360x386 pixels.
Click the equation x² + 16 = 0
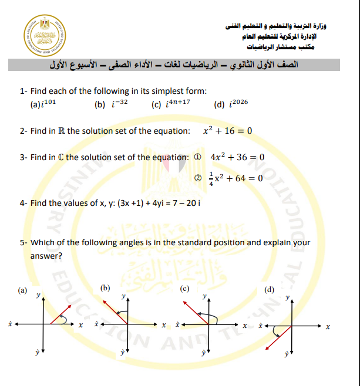[227, 130]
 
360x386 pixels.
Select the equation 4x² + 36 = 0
[237, 157]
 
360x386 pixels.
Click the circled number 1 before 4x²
[198, 157]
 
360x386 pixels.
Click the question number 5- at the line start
[23, 242]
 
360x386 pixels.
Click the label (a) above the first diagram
[22, 289]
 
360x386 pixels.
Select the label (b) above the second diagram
[105, 287]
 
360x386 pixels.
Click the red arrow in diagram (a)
[59, 315]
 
